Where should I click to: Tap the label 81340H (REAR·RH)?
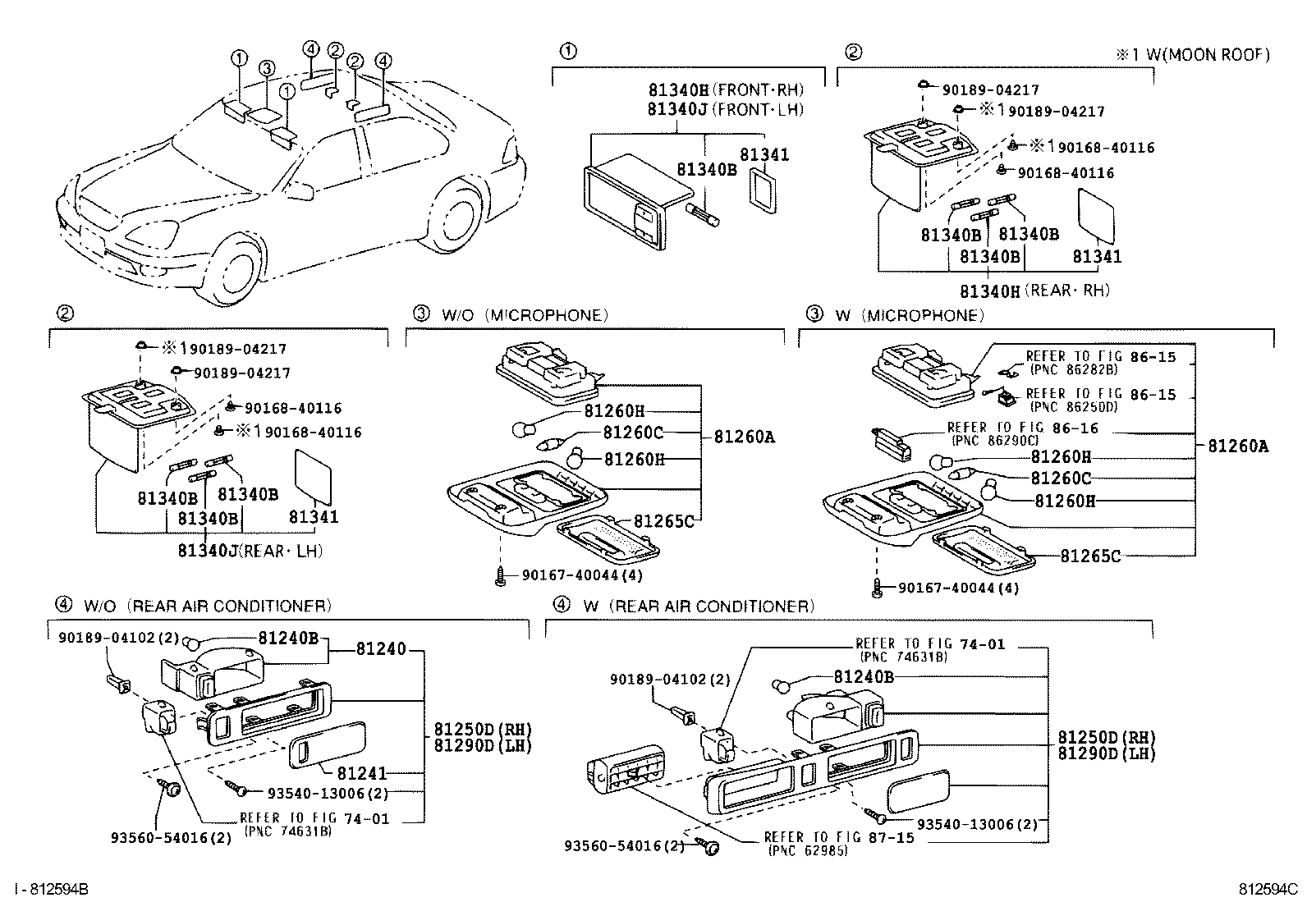pos(1034,291)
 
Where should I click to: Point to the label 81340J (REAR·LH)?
pos(250,550)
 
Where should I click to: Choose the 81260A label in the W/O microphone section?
pos(743,437)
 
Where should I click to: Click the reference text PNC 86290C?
pos(996,440)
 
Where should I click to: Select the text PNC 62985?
pos(808,850)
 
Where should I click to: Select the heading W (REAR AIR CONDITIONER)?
pos(697,606)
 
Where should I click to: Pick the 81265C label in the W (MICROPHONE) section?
pos(1089,556)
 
